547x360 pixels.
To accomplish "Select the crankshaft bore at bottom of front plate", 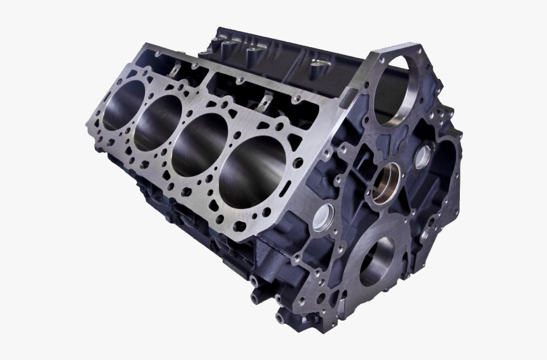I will [377, 261].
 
